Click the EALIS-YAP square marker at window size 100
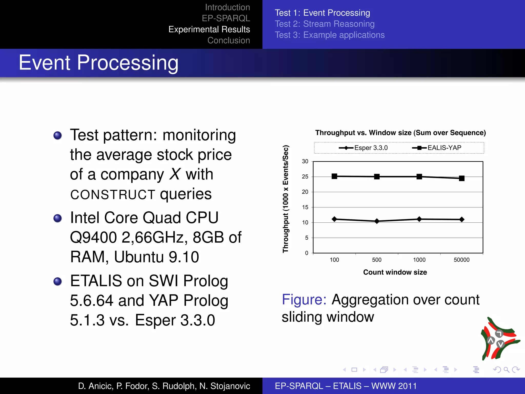pyautogui.click(x=334, y=176)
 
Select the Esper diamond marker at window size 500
pyautogui.click(x=377, y=221)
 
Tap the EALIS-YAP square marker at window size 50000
pyautogui.click(x=462, y=178)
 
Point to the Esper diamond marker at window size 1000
pyautogui.click(x=419, y=219)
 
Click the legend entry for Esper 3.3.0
pyautogui.click(x=363, y=148)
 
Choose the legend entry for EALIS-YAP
pyautogui.click(x=437, y=148)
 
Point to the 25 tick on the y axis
pyautogui.click(x=305, y=177)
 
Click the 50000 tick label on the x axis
pyautogui.click(x=461, y=260)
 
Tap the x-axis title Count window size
pyautogui.click(x=395, y=272)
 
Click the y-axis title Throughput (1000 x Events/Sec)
pyautogui.click(x=286, y=199)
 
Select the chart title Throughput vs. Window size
pyautogui.click(x=400, y=133)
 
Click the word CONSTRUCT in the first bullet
pyautogui.click(x=113, y=194)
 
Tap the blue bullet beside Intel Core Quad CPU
pyautogui.click(x=58, y=218)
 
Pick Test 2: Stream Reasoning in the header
pyautogui.click(x=325, y=24)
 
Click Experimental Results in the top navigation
pyautogui.click(x=209, y=29)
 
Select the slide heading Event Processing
pyautogui.click(x=98, y=63)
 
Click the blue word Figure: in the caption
pyautogui.click(x=304, y=300)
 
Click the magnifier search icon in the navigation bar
pyautogui.click(x=506, y=370)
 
